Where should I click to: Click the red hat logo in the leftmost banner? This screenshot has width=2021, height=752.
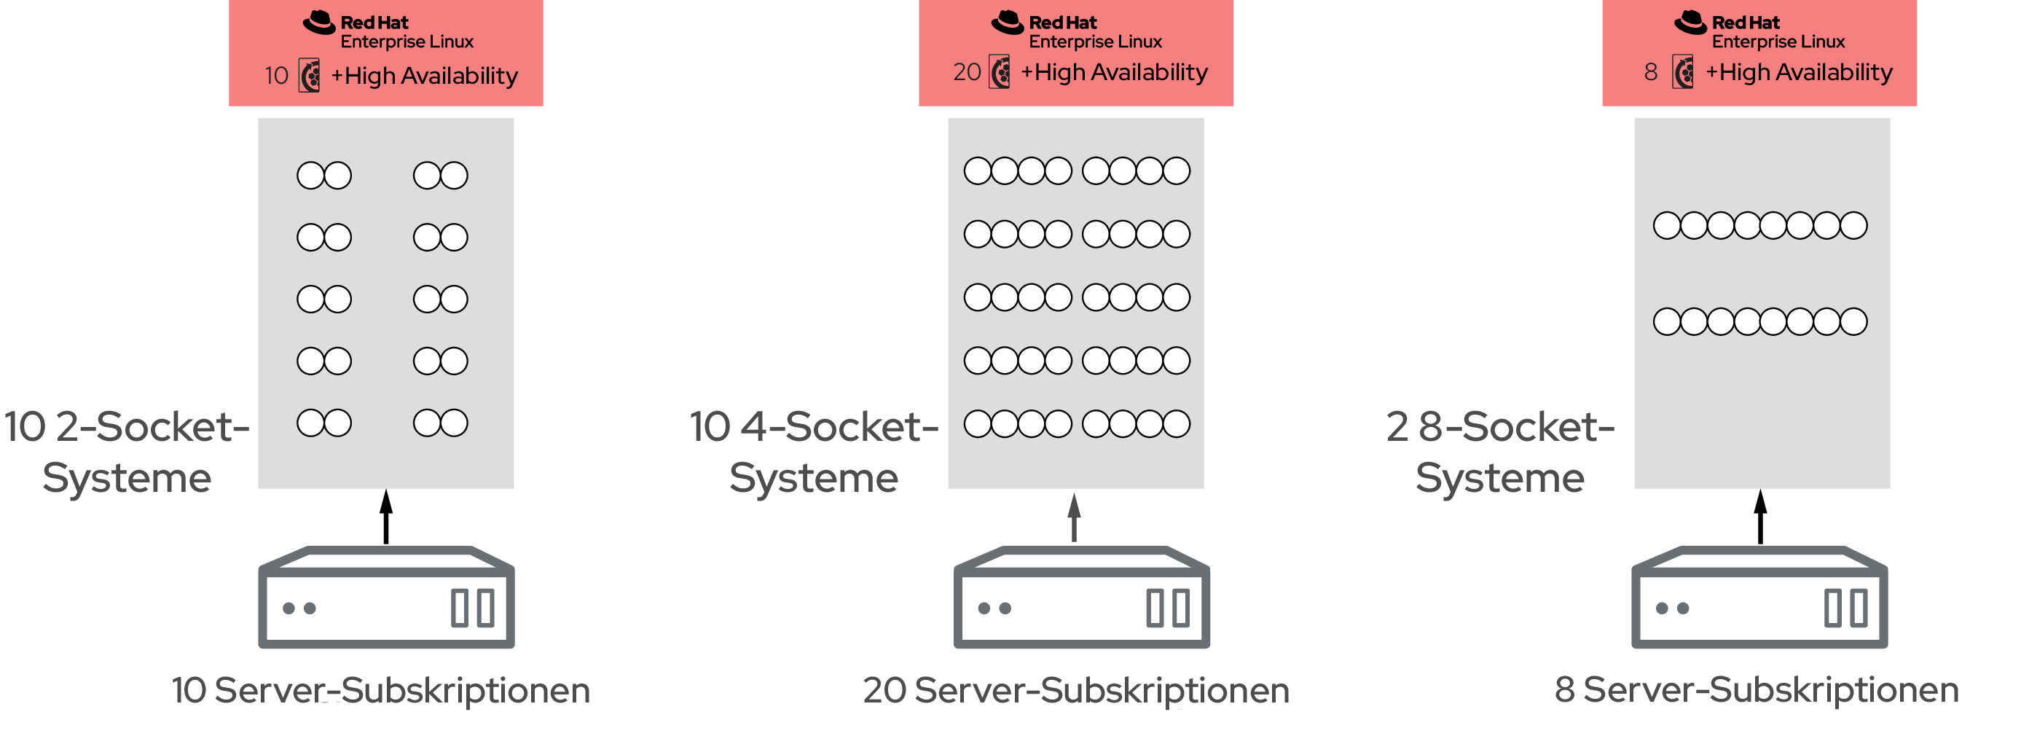[319, 23]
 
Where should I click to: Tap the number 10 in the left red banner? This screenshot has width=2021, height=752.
[276, 75]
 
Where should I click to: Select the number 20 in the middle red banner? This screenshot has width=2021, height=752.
[967, 72]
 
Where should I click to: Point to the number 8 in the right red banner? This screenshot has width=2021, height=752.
[1651, 72]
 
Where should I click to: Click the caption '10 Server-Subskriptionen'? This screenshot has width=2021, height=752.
[380, 690]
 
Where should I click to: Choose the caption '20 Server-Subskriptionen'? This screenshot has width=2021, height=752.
[1075, 690]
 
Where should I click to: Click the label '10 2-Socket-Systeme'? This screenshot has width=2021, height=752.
[126, 452]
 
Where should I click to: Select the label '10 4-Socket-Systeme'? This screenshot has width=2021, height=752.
[814, 452]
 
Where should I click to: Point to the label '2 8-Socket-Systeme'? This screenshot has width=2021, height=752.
[1500, 452]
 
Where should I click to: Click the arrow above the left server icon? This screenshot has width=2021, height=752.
[386, 517]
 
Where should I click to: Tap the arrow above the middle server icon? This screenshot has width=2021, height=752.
[1074, 518]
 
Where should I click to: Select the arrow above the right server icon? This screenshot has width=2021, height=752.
[1760, 517]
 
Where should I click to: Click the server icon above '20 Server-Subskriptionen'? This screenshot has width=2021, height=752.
[1081, 597]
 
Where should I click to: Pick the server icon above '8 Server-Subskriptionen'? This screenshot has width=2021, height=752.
[1759, 597]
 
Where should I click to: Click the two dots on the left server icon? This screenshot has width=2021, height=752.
[299, 608]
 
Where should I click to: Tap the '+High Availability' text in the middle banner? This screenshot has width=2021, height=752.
[1114, 72]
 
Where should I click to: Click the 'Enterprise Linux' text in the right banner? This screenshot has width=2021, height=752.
[1778, 42]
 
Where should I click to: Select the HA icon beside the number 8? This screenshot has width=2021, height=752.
[1683, 72]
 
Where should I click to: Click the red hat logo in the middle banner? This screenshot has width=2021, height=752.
[1008, 23]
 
